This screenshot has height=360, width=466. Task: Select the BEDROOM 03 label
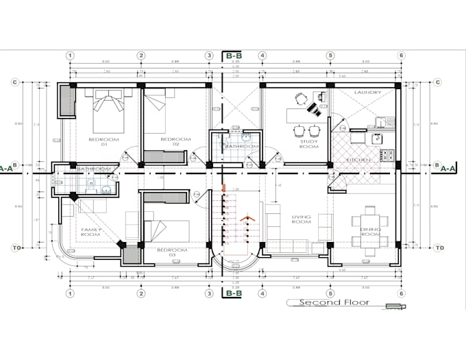tap(171, 252)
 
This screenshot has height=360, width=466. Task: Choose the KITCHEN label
tap(358, 160)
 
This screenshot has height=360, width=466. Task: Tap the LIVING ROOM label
tap(302, 219)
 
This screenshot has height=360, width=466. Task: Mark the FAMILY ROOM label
tap(91, 232)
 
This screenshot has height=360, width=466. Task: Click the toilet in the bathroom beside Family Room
tap(104, 189)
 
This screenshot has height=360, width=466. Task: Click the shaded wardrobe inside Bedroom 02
tap(164, 157)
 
